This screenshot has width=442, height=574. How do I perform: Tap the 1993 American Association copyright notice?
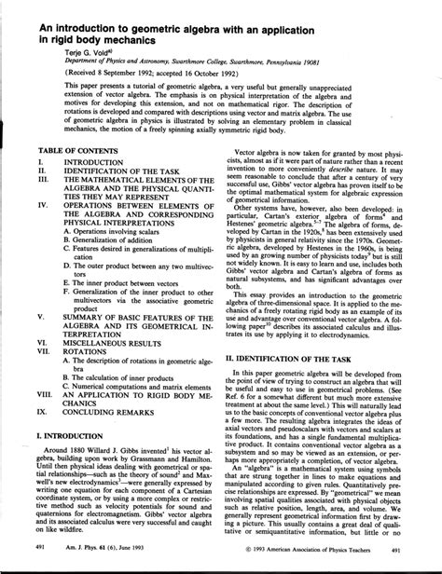(x=324, y=551)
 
